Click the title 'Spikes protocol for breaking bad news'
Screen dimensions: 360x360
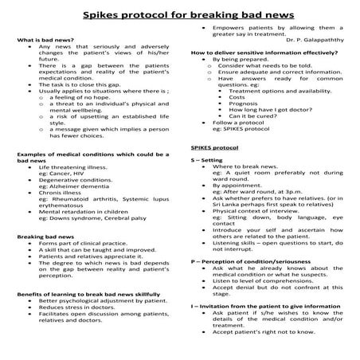[x=179, y=15]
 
